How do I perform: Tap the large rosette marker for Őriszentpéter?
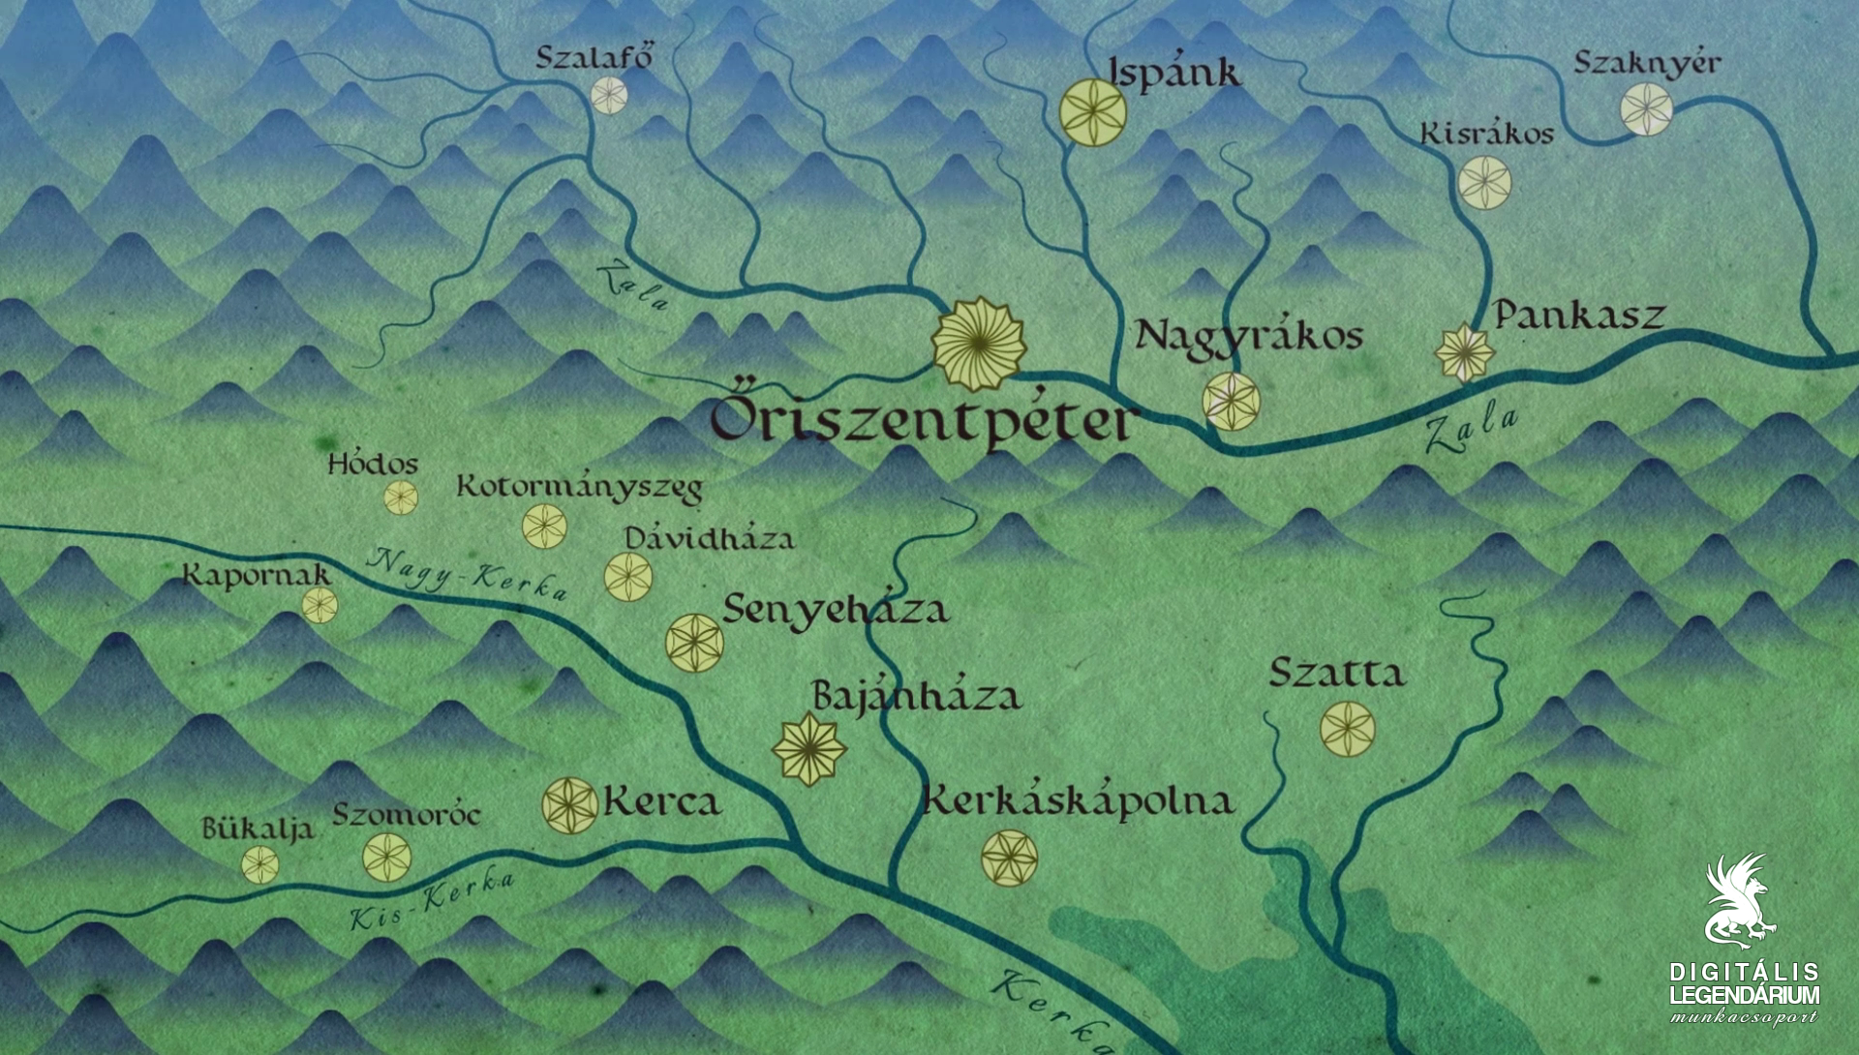[979, 344]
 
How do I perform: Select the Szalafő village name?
[594, 58]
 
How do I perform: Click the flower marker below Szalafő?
[609, 95]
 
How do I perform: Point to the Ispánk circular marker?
[1092, 113]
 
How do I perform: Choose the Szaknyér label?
[1646, 63]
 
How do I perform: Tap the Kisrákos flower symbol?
[1484, 182]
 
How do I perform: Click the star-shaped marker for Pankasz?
[1464, 353]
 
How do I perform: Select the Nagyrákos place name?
[1249, 336]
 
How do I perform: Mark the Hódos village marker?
[401, 498]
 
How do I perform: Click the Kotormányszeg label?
[579, 486]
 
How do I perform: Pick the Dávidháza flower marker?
[627, 577]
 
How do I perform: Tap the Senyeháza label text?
[835, 610]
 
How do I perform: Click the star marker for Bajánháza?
[809, 748]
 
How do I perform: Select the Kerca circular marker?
[569, 805]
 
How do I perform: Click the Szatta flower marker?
[1347, 729]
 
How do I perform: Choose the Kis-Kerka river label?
[432, 901]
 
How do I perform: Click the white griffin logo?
[1740, 899]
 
